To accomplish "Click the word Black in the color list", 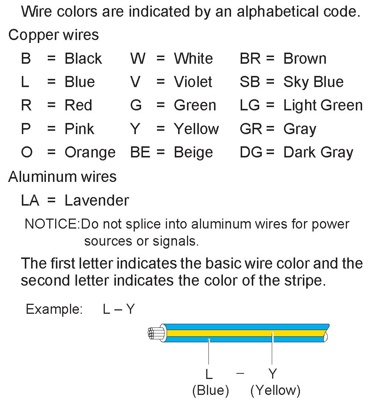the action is [83, 59].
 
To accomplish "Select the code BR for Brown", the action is [250, 59].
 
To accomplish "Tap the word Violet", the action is [193, 82].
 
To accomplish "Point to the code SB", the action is [250, 82].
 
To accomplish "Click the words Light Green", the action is [323, 106].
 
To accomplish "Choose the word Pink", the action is [79, 129].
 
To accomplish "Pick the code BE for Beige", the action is [140, 153].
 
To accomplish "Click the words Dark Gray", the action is [318, 153].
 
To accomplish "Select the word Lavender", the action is [97, 200].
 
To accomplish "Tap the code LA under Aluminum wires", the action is [30, 200].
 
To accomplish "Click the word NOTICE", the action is [51, 224].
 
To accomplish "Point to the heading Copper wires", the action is [53, 35].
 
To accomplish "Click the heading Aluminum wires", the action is [62, 177].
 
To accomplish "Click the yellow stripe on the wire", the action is [244, 333].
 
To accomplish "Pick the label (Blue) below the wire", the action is [210, 390].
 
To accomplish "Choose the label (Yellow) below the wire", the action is [275, 390].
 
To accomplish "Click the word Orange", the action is [90, 153].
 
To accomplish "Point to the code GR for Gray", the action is [251, 129].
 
